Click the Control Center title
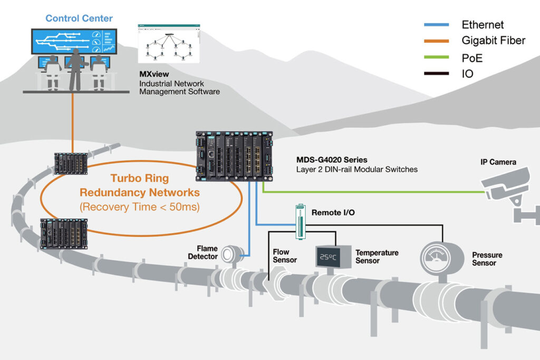click(x=79, y=18)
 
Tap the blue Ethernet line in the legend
click(x=436, y=25)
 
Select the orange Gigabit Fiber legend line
click(x=436, y=41)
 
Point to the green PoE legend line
click(x=436, y=57)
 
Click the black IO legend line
click(x=436, y=73)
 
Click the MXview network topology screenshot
click(x=169, y=44)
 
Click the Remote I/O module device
click(x=300, y=222)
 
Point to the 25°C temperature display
click(x=328, y=257)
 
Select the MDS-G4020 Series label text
click(x=332, y=160)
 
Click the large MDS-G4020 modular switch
click(x=234, y=156)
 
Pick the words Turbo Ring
click(x=139, y=178)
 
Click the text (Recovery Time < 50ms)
click(x=139, y=207)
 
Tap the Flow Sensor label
click(x=284, y=256)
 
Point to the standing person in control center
click(x=75, y=69)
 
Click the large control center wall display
click(x=74, y=41)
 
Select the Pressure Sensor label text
click(x=487, y=259)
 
